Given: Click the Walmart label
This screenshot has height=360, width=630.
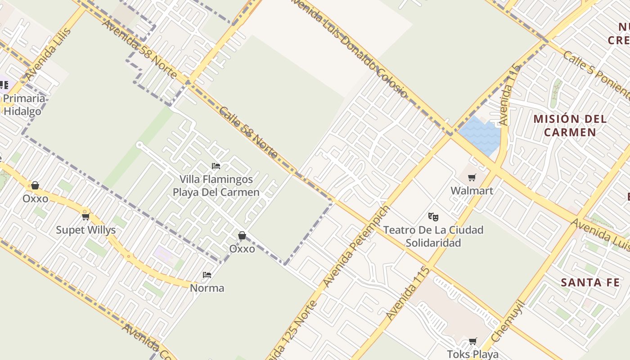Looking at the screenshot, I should [x=472, y=190].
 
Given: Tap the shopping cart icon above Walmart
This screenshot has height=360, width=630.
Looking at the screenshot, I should [x=472, y=178].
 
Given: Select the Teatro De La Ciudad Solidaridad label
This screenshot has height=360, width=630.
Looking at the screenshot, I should [x=433, y=236].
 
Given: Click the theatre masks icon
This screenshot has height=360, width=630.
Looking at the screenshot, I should [x=433, y=217].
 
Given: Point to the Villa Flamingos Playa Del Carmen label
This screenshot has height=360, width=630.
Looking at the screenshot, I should [x=216, y=186].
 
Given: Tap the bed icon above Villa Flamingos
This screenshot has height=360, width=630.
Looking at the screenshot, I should [x=216, y=166].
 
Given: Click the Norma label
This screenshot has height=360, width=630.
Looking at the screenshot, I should [x=207, y=288].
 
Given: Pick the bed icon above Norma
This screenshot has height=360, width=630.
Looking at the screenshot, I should [x=207, y=274].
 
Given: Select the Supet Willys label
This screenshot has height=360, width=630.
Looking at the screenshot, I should [x=85, y=230].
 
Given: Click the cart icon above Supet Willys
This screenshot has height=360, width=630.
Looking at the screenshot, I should [x=85, y=217].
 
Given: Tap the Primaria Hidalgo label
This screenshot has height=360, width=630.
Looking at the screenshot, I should [x=24, y=105].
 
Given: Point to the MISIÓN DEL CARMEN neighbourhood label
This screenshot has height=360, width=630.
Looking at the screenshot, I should [x=570, y=126].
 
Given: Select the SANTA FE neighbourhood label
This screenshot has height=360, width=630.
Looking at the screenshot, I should [x=590, y=283].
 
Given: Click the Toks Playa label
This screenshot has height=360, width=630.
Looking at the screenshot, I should [x=472, y=354].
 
